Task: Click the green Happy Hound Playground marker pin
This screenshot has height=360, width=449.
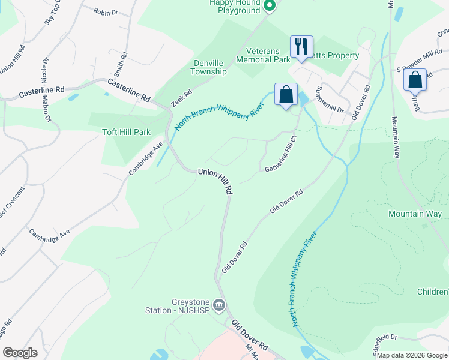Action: coord(270,7)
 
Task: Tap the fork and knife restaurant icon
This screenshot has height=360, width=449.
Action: coord(301,46)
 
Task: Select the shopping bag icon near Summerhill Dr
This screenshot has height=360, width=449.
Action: coord(286,94)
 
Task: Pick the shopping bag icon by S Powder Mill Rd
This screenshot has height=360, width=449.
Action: coord(415,79)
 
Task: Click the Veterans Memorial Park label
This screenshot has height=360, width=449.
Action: coord(263,55)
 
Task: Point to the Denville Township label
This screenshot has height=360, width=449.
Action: coord(210,67)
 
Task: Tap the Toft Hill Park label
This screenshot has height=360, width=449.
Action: coord(126,132)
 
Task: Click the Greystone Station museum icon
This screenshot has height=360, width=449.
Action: coord(220,306)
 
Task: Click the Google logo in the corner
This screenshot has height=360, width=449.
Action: coord(20,353)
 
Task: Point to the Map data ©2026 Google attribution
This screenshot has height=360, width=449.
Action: coord(412,355)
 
